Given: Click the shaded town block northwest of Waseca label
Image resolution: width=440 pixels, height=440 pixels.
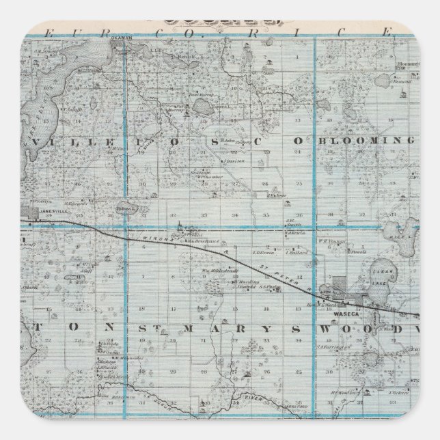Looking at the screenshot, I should [x=339, y=283].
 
